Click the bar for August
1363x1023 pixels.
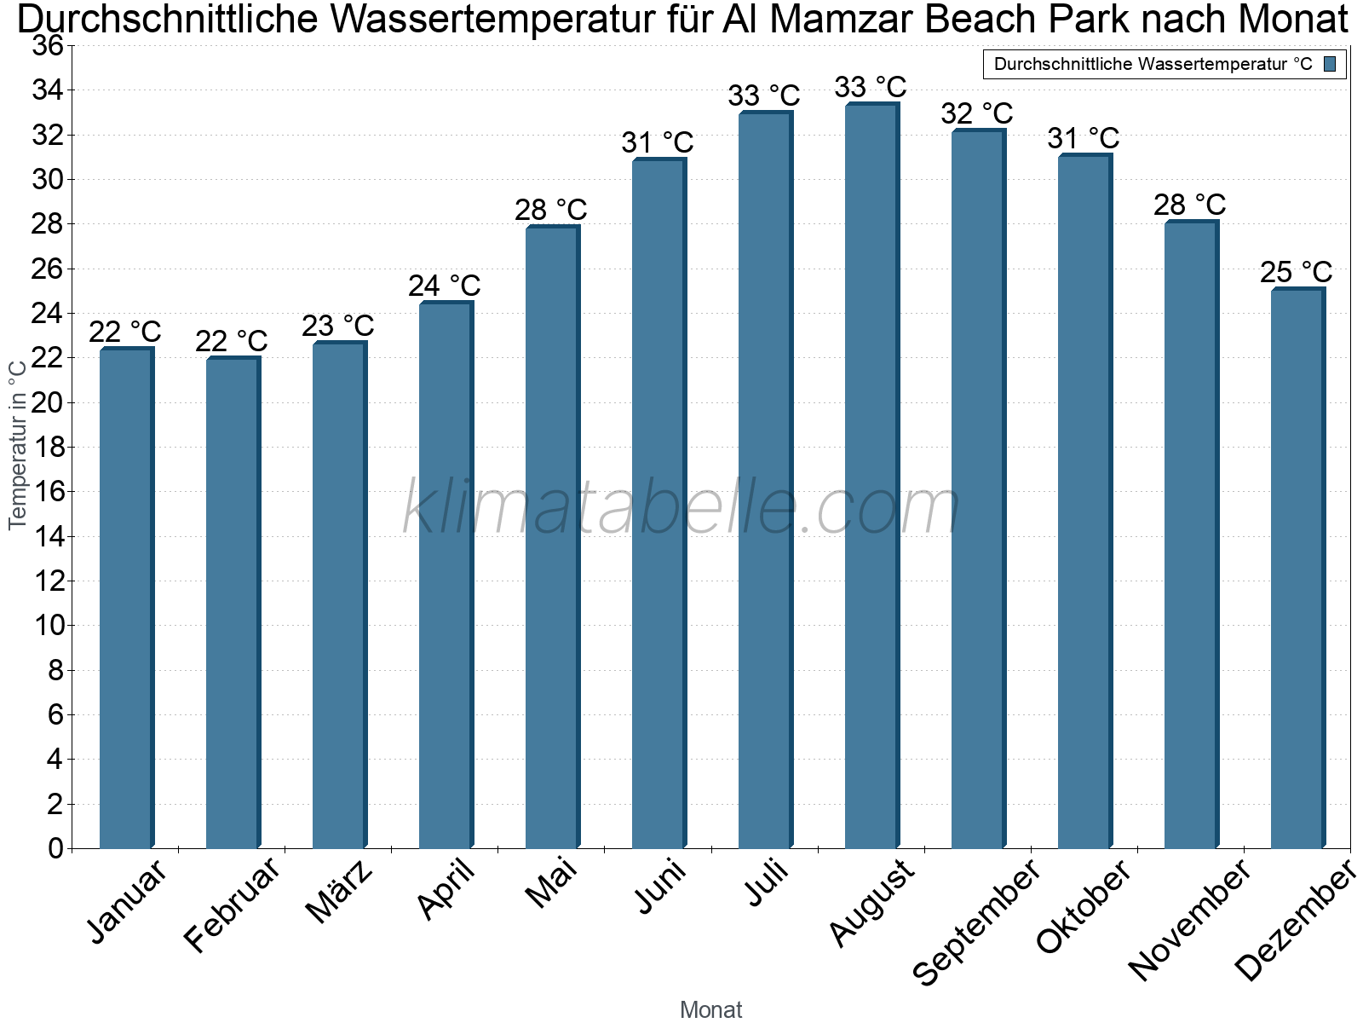click(x=871, y=477)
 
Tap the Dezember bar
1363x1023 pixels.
click(x=1297, y=569)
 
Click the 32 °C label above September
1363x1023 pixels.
click(x=976, y=113)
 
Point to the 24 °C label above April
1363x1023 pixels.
click(x=444, y=286)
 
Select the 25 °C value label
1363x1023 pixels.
click(x=1296, y=272)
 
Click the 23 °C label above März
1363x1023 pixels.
click(x=337, y=326)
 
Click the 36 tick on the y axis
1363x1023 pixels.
click(x=48, y=45)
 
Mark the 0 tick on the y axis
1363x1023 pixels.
click(x=56, y=848)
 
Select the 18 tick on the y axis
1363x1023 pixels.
click(x=48, y=447)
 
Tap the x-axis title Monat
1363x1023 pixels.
click(x=710, y=1009)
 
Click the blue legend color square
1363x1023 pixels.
click(x=1330, y=64)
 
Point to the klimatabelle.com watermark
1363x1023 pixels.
click(x=681, y=507)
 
